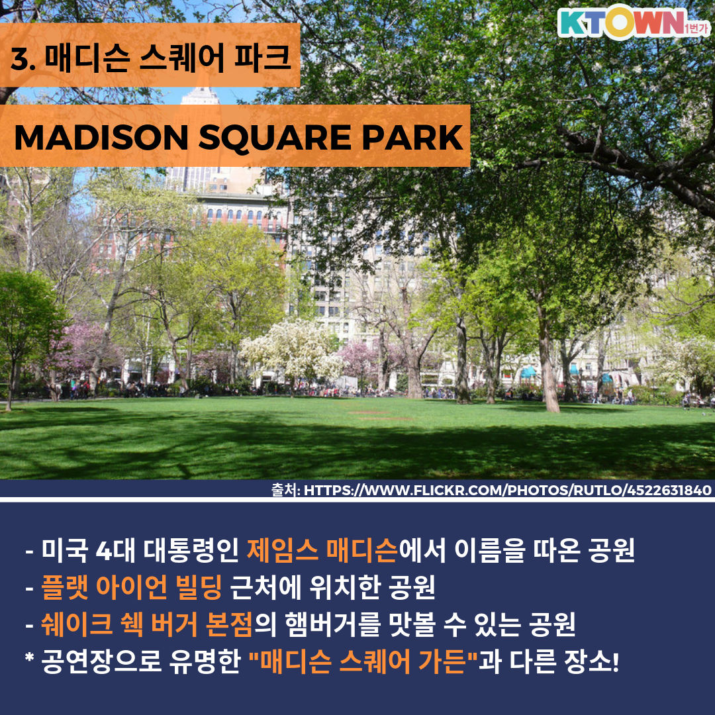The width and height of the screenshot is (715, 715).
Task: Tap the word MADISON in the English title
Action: [101, 137]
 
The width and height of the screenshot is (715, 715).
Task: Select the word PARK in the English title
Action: [412, 137]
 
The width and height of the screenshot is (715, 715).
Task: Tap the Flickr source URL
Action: [507, 490]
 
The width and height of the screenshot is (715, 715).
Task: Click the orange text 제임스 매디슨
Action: [322, 550]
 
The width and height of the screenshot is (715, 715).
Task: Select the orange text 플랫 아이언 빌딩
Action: [131, 587]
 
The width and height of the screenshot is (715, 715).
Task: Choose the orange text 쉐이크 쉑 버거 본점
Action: [146, 624]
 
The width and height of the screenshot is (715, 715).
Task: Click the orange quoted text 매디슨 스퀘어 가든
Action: [363, 661]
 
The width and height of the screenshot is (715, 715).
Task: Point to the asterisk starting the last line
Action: [30, 657]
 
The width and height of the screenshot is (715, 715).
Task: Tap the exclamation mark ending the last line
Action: [616, 661]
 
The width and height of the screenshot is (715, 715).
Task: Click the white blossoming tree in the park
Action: [292, 350]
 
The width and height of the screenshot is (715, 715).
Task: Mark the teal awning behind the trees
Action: [528, 373]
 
